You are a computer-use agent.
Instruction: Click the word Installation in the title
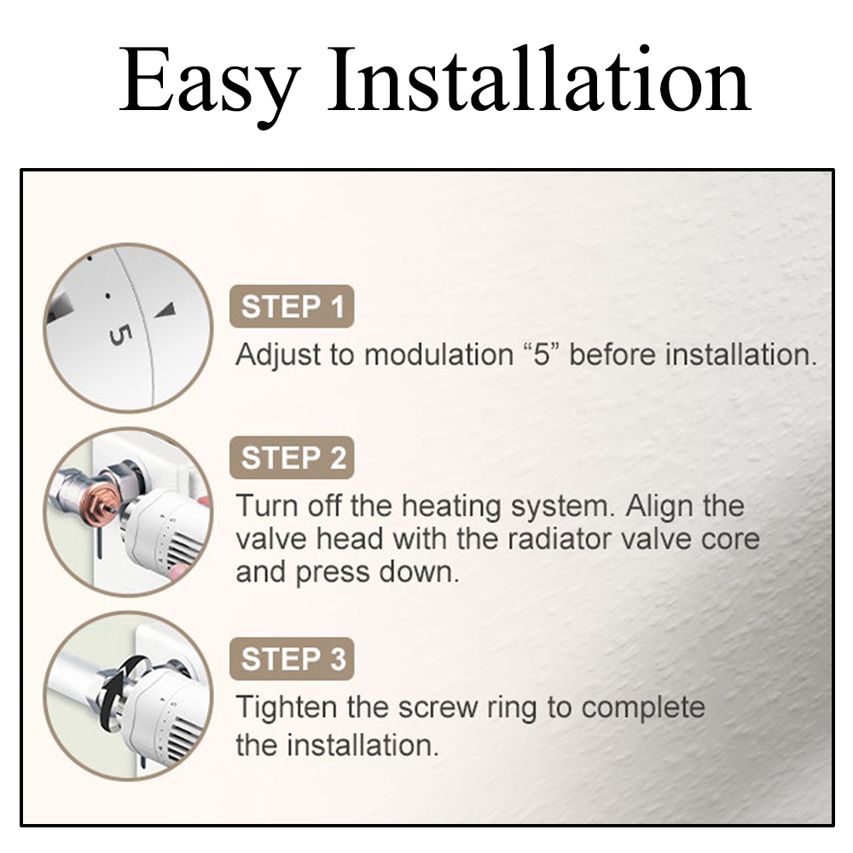[538, 79]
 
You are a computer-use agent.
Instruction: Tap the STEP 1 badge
[292, 306]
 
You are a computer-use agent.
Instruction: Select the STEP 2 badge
[292, 457]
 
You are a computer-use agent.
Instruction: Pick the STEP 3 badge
[292, 659]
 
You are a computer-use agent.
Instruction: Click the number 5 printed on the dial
[120, 334]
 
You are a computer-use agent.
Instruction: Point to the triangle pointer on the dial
[166, 310]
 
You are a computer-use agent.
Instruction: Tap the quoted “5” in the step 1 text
[543, 355]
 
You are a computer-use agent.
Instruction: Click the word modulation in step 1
[438, 355]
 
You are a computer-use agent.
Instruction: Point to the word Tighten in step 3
[287, 708]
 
